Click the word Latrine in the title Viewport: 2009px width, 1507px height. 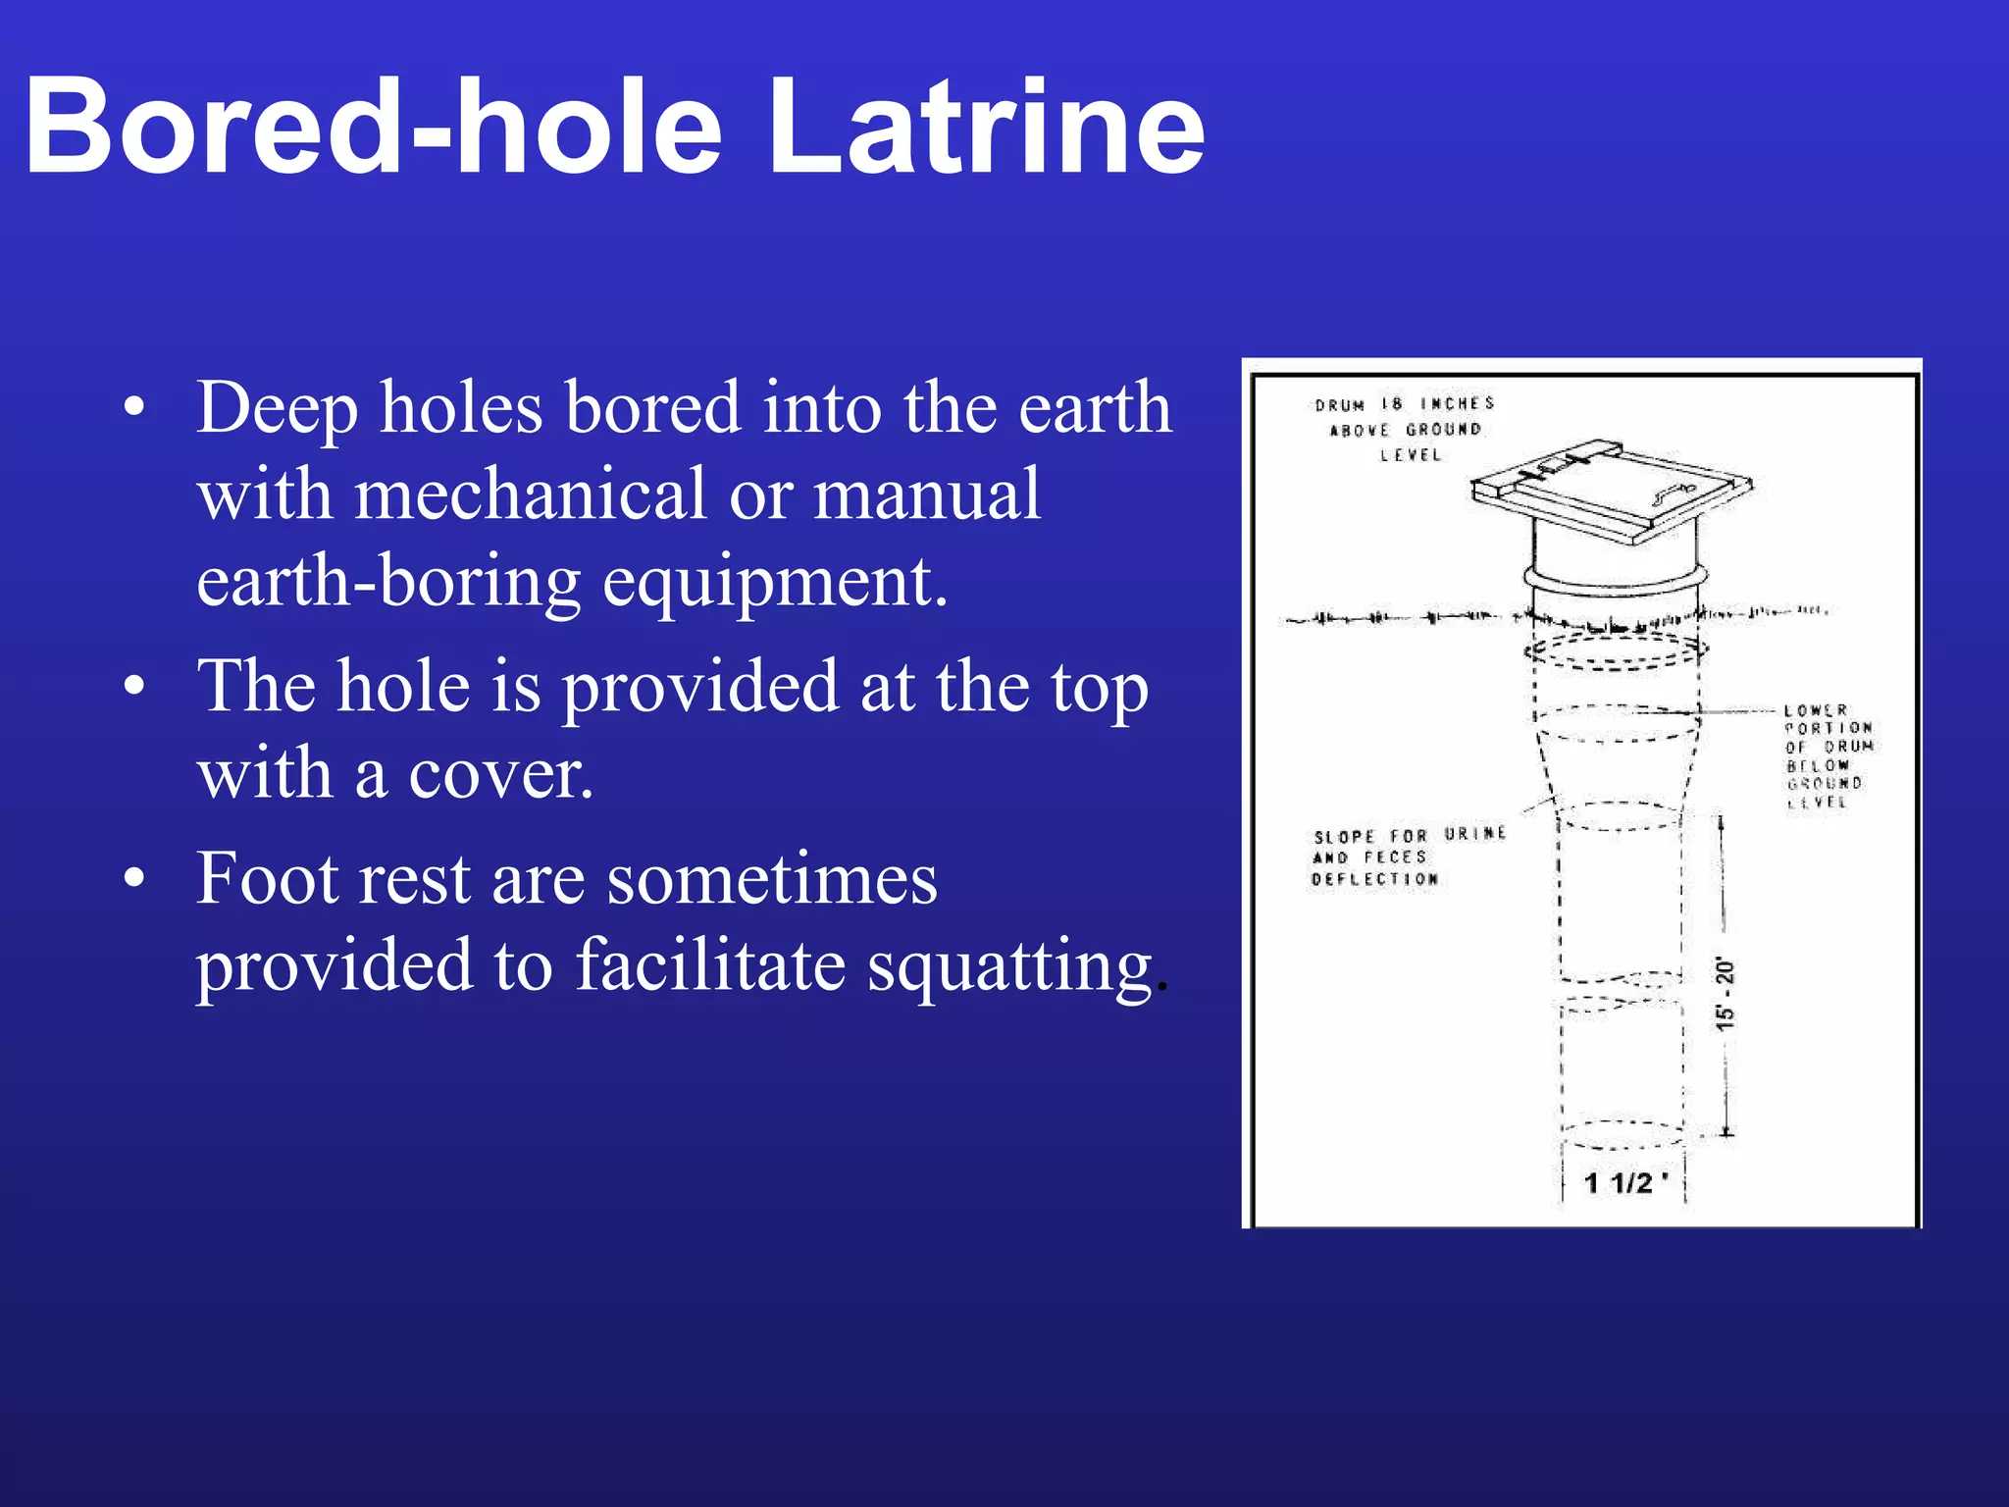tap(986, 128)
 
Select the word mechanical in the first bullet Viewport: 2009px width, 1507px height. tap(530, 494)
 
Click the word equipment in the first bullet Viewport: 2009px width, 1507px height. tap(775, 582)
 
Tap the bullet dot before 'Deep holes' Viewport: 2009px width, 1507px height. tap(135, 408)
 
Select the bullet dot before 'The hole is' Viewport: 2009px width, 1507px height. tap(135, 686)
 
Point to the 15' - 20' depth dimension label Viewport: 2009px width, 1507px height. tap(1725, 994)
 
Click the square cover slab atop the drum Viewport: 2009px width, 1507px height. tap(1609, 491)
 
